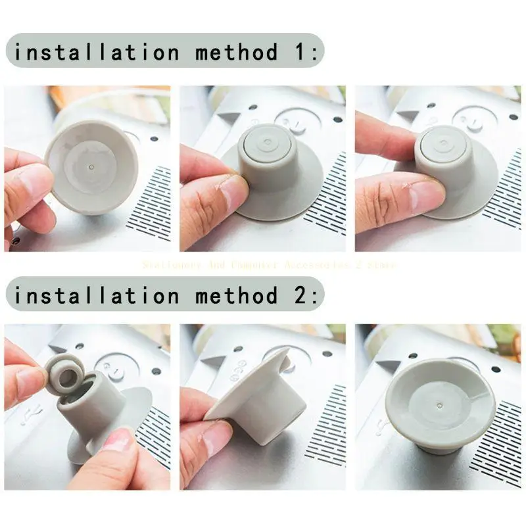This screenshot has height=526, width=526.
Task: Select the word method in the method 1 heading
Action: [237, 52]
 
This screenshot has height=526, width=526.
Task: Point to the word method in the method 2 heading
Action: [237, 295]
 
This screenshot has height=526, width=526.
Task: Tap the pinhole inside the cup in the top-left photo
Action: [91, 168]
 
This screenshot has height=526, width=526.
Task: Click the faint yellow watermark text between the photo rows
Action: [269, 264]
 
